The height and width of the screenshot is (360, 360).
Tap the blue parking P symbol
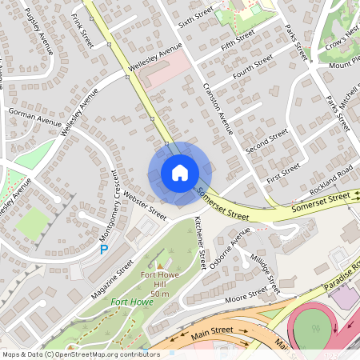coord(103,250)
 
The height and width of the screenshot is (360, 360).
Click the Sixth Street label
coord(196,16)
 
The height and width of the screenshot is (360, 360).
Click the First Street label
coord(283,172)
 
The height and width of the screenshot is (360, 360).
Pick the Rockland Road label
coord(332,178)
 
